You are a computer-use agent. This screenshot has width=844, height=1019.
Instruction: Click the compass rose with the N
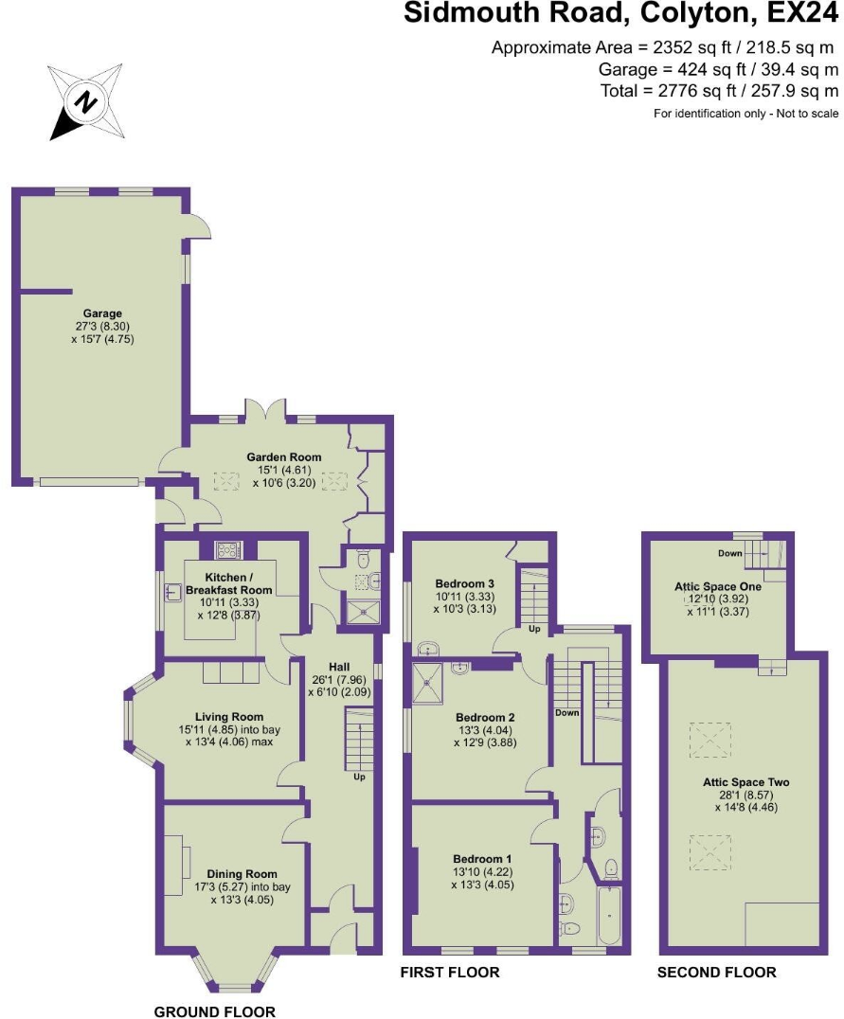[x=86, y=99]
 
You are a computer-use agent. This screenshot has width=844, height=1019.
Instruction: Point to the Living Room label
[x=229, y=717]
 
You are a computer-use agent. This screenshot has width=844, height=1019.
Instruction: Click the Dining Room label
[x=242, y=874]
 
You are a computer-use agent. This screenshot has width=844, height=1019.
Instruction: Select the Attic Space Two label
[x=745, y=782]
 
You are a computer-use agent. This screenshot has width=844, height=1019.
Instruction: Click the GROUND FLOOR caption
[x=214, y=1011]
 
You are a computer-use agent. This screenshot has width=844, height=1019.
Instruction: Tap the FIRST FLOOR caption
[x=449, y=973]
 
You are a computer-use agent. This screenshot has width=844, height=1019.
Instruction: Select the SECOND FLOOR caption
[x=716, y=973]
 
